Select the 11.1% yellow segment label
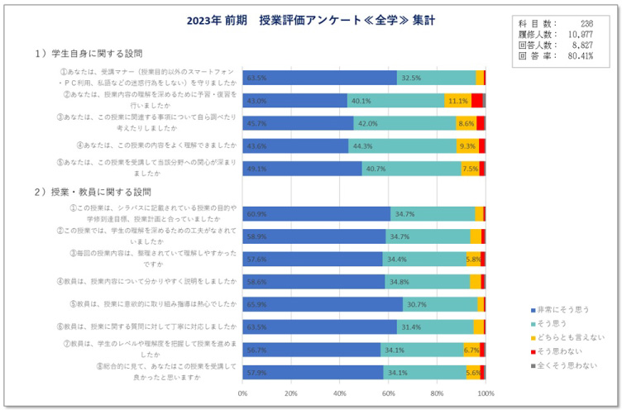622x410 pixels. tap(457, 101)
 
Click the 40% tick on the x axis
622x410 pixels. tap(339, 393)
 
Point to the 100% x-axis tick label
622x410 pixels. tap(485, 393)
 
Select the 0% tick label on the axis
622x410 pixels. tap(242, 393)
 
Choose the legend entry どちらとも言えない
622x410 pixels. tap(570, 337)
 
